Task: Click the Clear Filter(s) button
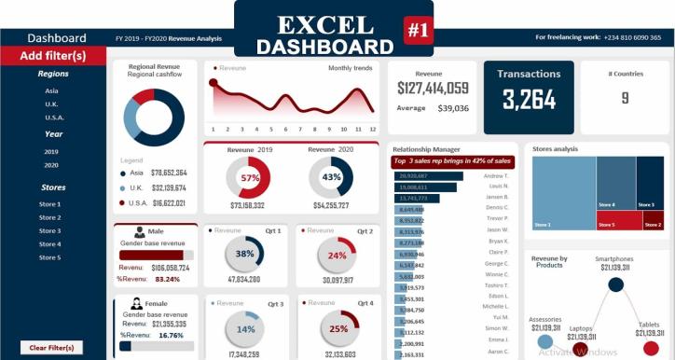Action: click(x=52, y=347)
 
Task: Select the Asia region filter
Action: click(x=52, y=90)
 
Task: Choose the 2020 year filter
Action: click(x=51, y=165)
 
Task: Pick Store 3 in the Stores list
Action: click(x=51, y=230)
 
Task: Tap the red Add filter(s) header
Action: click(x=53, y=56)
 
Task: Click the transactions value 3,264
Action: click(x=529, y=99)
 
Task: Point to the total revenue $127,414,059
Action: click(x=433, y=89)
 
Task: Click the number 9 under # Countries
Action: click(x=625, y=98)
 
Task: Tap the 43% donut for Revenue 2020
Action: click(x=331, y=176)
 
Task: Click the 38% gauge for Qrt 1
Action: click(x=245, y=254)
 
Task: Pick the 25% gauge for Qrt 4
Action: click(x=337, y=328)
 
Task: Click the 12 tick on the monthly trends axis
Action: click(x=372, y=129)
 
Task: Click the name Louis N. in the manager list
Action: click(x=497, y=187)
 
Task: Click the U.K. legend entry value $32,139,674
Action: click(x=169, y=187)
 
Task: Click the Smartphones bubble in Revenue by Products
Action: click(x=615, y=284)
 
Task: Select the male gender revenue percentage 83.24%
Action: click(x=168, y=279)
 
